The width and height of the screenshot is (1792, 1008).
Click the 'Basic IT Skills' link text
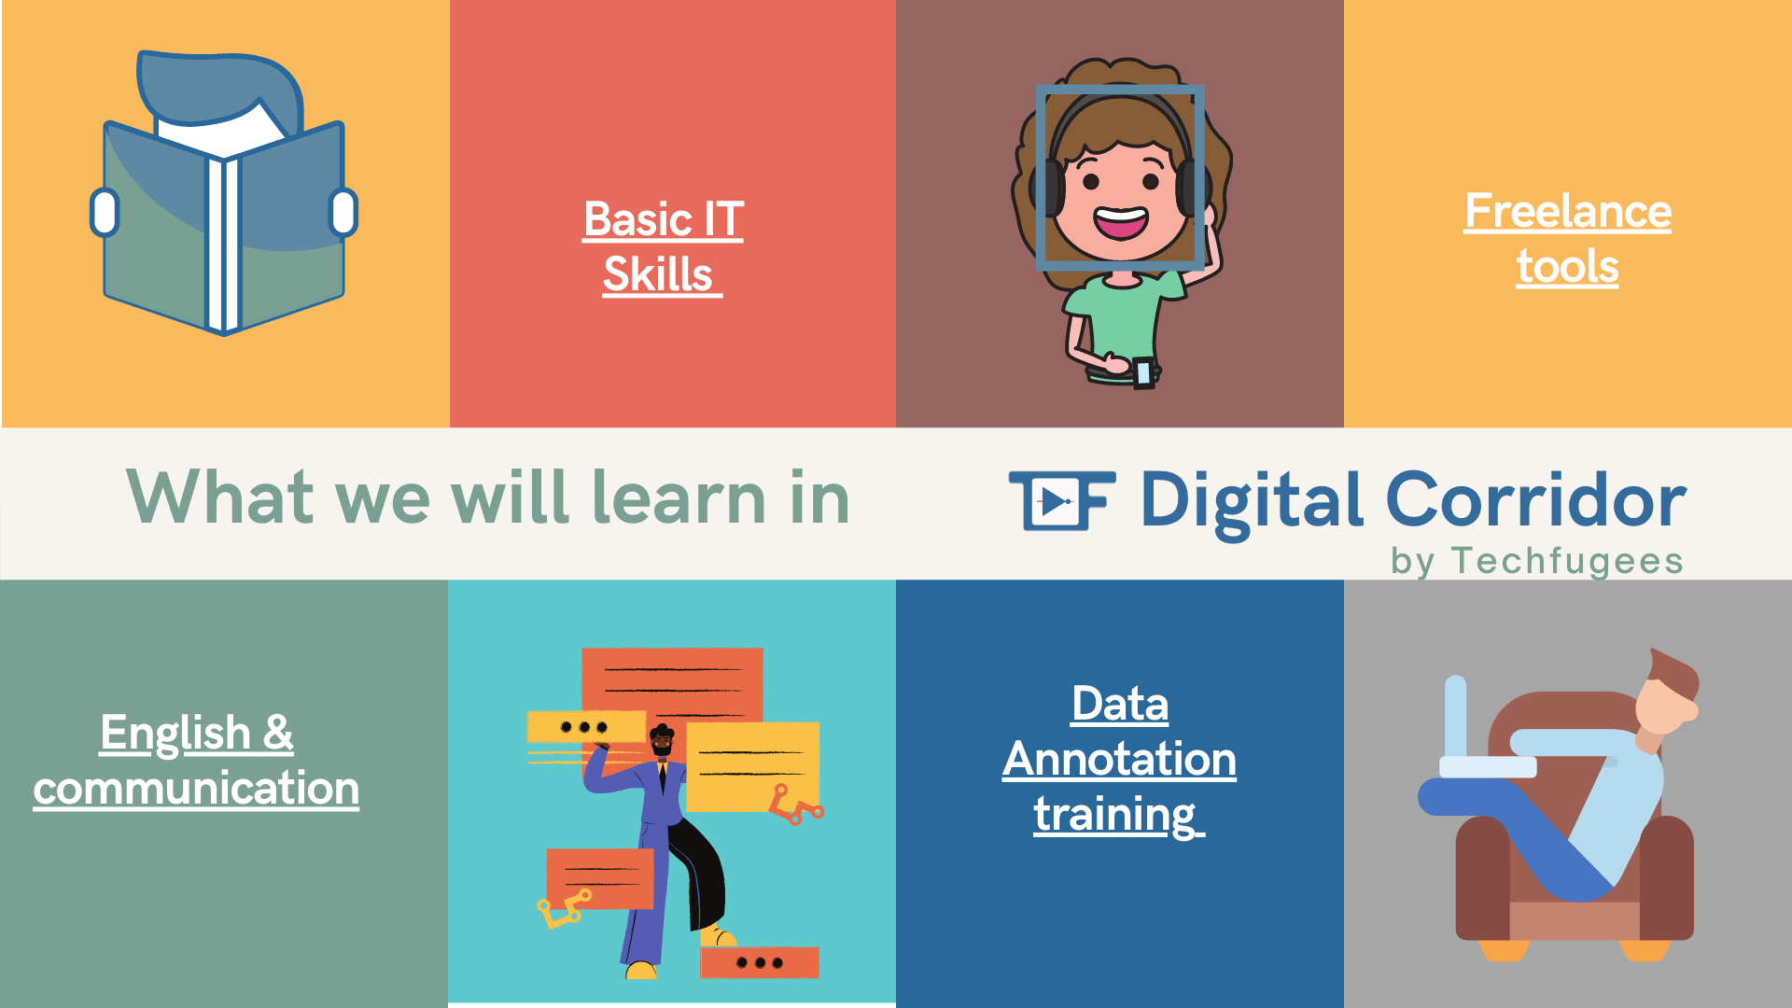tap(663, 247)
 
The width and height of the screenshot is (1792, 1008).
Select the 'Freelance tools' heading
tap(1568, 239)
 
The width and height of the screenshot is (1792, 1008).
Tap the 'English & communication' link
tap(196, 761)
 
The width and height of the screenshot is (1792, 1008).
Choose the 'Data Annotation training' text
tap(1119, 759)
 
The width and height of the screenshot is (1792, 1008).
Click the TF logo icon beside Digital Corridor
tap(1062, 500)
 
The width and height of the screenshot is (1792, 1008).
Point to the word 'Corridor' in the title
tap(1536, 500)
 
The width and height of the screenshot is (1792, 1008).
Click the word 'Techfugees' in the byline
tap(1567, 561)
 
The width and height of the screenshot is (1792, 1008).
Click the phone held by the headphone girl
tap(1143, 372)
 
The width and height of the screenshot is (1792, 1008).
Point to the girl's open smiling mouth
tap(1121, 223)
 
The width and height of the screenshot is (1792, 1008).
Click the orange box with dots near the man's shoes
tap(760, 962)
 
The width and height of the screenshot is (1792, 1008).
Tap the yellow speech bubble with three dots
tap(586, 727)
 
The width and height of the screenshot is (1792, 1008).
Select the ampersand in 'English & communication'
tap(278, 734)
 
